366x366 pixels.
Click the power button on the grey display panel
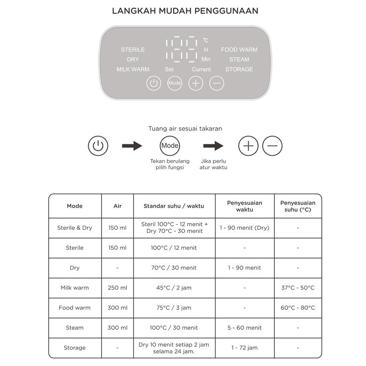point(154,83)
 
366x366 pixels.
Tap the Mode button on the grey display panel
point(175,83)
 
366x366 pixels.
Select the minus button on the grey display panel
point(216,83)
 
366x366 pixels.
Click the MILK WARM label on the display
point(133,69)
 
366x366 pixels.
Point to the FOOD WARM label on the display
point(239,49)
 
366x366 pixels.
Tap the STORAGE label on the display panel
point(239,69)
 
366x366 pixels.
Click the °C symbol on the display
point(206,40)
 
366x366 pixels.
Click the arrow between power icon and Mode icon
point(132,146)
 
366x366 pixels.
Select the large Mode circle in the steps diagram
point(170,146)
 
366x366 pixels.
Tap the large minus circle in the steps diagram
point(272,146)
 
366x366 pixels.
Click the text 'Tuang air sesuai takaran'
point(185,129)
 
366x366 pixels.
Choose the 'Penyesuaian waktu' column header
point(245,206)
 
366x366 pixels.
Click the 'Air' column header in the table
point(117,206)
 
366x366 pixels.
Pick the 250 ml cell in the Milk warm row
point(117,288)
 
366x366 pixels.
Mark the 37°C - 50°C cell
point(298,288)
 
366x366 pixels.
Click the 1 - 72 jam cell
point(245,348)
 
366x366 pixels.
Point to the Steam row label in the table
point(75,328)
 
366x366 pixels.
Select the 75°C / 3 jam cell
point(174,308)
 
